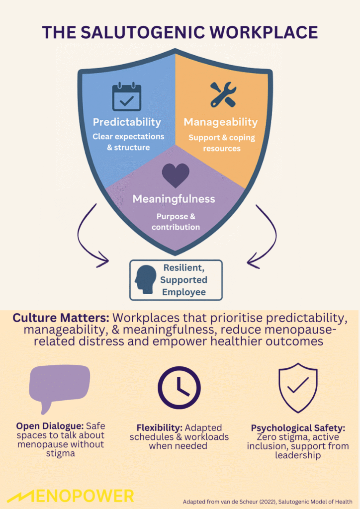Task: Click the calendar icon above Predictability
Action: pyautogui.click(x=127, y=96)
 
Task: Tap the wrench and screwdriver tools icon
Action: pyautogui.click(x=222, y=94)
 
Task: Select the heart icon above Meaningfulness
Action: pyautogui.click(x=176, y=175)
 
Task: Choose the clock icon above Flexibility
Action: pyautogui.click(x=179, y=388)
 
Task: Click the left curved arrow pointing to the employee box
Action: pyautogui.click(x=90, y=234)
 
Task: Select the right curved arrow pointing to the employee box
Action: pyautogui.click(x=264, y=234)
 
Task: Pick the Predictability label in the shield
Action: pyautogui.click(x=127, y=122)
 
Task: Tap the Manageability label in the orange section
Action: pyautogui.click(x=221, y=122)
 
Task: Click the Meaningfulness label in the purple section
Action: pyautogui.click(x=174, y=199)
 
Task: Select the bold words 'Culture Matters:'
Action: pyautogui.click(x=62, y=318)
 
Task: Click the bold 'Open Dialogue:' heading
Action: pyautogui.click(x=50, y=426)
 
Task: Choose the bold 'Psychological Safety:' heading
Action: pyautogui.click(x=297, y=428)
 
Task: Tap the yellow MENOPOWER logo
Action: pyautogui.click(x=73, y=496)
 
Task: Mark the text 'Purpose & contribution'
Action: pyautogui.click(x=176, y=222)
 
